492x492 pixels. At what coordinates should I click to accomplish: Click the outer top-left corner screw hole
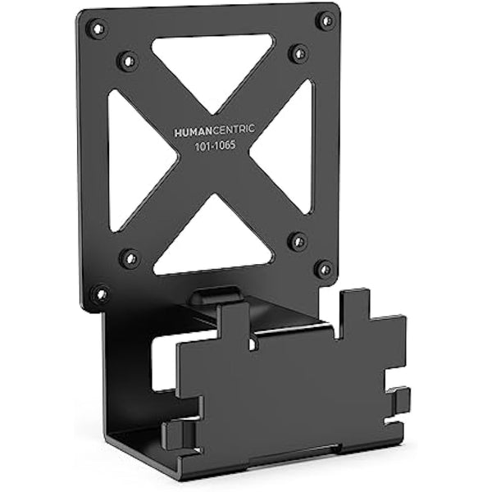pos(97,29)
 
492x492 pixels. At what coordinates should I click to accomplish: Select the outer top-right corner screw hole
pos(326,20)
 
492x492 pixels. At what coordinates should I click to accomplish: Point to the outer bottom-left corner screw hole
pos(100,293)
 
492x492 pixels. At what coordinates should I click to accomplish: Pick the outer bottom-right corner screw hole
pos(324,269)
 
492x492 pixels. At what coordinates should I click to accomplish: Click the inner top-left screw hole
pos(128,60)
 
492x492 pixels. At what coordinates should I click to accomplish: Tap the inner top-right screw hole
pos(298,53)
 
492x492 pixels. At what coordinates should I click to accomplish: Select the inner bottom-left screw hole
pos(129,258)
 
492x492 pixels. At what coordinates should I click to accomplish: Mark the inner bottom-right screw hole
pos(298,241)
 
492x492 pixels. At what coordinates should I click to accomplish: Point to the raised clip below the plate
pos(215,296)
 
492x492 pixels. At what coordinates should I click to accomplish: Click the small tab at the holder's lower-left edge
pos(176,433)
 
